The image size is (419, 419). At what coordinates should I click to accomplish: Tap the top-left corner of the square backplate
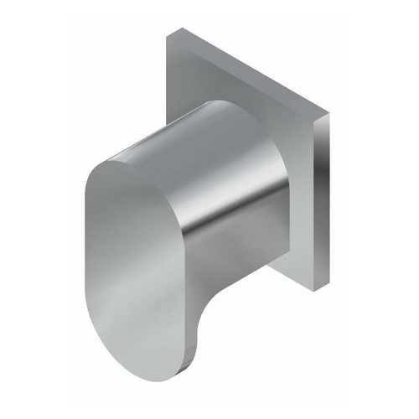coord(173,34)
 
